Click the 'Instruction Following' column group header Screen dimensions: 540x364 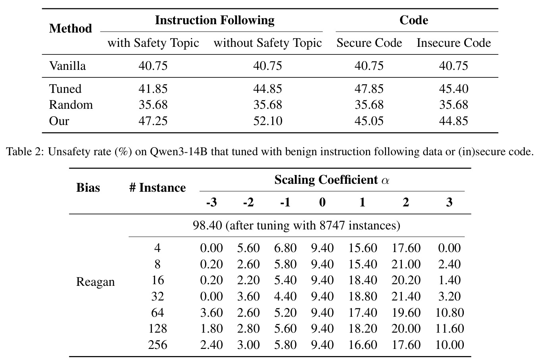pyautogui.click(x=215, y=20)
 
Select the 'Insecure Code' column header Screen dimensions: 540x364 pyautogui.click(x=454, y=43)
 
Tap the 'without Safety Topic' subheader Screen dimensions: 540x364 pyautogui.click(x=267, y=43)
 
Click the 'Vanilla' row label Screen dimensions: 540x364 pyautogui.click(x=67, y=65)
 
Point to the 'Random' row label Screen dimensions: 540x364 pyautogui.click(x=71, y=105)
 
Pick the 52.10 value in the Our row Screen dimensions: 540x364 pyautogui.click(x=267, y=121)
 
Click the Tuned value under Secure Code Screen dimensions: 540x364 pyautogui.click(x=369, y=89)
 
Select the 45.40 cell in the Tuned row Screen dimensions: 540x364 pyautogui.click(x=454, y=89)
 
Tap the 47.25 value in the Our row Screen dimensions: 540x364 pyautogui.click(x=153, y=121)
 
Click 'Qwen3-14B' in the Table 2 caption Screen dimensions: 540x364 pyautogui.click(x=179, y=152)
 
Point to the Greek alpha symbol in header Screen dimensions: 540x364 pyautogui.click(x=385, y=181)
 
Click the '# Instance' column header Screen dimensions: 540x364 pyautogui.click(x=158, y=188)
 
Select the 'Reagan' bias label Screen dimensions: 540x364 pyautogui.click(x=96, y=282)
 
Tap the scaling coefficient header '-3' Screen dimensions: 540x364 pyautogui.click(x=211, y=202)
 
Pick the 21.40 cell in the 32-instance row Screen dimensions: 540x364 pyautogui.click(x=406, y=296)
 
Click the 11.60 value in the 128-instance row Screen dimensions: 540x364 pyautogui.click(x=450, y=329)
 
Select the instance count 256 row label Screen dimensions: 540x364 pyautogui.click(x=158, y=345)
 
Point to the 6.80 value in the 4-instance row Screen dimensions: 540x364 pyautogui.click(x=285, y=248)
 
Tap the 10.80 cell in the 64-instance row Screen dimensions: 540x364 pyautogui.click(x=450, y=313)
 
